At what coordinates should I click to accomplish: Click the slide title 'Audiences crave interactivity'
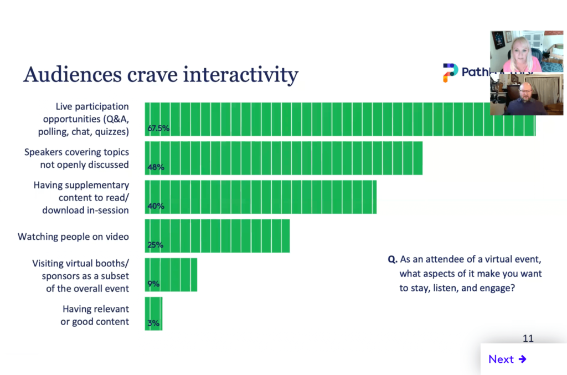pyautogui.click(x=161, y=75)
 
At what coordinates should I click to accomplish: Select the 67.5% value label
pyautogui.click(x=158, y=129)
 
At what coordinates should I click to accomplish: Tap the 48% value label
pyautogui.click(x=156, y=167)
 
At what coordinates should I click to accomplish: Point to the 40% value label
pyautogui.click(x=156, y=206)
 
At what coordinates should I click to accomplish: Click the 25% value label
pyautogui.click(x=156, y=245)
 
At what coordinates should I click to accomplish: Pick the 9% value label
pyautogui.click(x=153, y=284)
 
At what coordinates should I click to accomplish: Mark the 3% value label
pyautogui.click(x=153, y=322)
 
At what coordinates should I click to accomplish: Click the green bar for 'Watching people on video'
pyautogui.click(x=217, y=235)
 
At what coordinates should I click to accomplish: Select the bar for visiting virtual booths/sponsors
pyautogui.click(x=171, y=274)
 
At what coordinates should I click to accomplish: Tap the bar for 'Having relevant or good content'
pyautogui.click(x=154, y=313)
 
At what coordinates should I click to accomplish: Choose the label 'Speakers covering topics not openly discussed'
pyautogui.click(x=76, y=158)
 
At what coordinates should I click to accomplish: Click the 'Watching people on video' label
pyautogui.click(x=73, y=237)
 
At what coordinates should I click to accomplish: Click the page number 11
pyautogui.click(x=528, y=338)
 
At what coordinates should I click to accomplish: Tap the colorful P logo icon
pyautogui.click(x=450, y=73)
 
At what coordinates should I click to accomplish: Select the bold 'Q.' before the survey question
pyautogui.click(x=392, y=259)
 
